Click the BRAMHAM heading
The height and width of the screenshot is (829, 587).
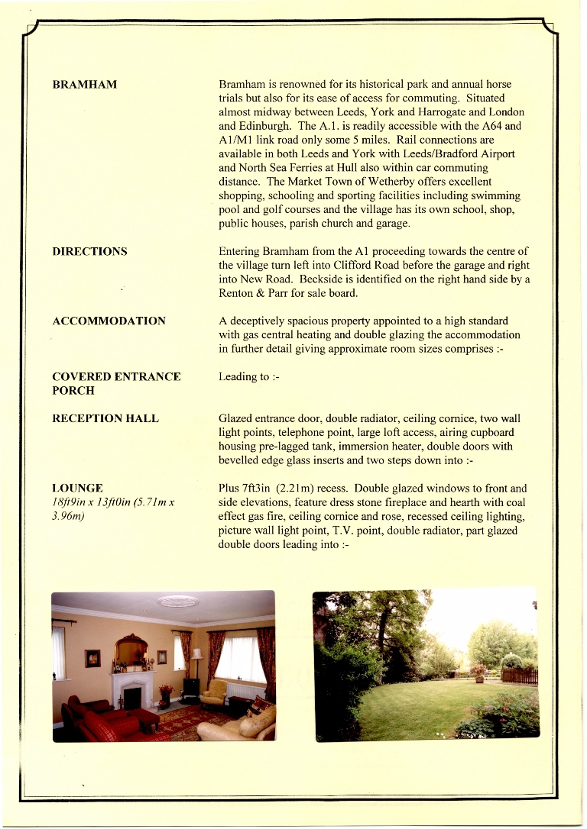pos(84,84)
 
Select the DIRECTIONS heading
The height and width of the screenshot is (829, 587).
pos(89,251)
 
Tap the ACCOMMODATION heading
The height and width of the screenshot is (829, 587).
pos(109,321)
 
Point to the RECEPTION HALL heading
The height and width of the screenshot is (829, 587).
pos(105,418)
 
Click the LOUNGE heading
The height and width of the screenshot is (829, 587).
pos(77,488)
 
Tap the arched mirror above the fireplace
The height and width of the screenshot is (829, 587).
pos(131,650)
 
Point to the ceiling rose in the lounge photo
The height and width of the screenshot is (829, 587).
pos(177,602)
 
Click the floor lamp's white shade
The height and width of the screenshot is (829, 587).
pos(197,653)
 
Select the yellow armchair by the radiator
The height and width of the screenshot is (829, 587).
pos(215,692)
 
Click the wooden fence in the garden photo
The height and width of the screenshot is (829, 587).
pos(520,676)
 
